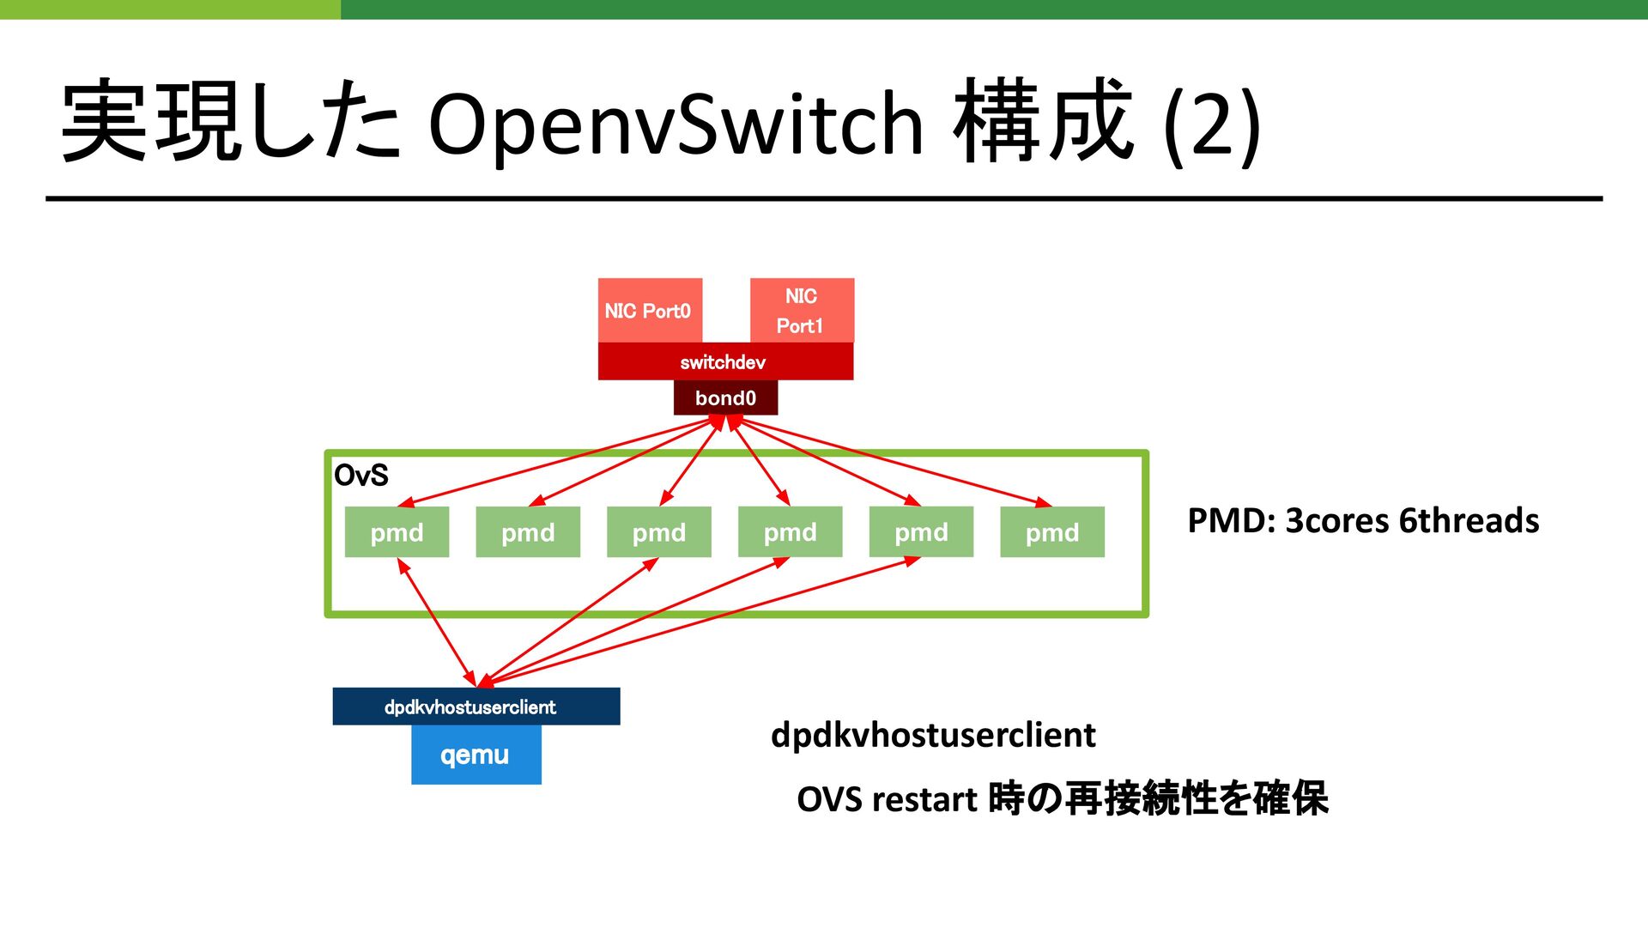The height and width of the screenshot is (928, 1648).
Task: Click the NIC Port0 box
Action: tap(650, 310)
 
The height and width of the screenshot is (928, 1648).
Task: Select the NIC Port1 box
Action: tap(802, 310)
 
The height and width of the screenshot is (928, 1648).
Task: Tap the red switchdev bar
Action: tap(725, 361)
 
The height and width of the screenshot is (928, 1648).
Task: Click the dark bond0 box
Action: tap(725, 398)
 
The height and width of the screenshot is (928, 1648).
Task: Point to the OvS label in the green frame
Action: tap(360, 475)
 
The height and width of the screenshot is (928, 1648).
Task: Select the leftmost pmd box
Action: tap(397, 532)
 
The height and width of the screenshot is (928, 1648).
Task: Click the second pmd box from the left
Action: tap(528, 532)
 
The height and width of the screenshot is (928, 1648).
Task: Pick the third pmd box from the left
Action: tap(659, 532)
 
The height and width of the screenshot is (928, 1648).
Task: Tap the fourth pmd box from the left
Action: tap(790, 532)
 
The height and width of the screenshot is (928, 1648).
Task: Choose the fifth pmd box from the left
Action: tap(921, 532)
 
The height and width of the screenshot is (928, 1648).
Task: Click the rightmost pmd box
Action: tap(1052, 532)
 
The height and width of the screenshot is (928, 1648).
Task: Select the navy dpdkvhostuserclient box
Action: tap(476, 707)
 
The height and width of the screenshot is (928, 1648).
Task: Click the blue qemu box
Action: tap(476, 755)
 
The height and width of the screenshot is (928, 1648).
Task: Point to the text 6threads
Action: tap(1469, 521)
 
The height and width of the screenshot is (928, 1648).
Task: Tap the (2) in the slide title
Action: tap(1212, 125)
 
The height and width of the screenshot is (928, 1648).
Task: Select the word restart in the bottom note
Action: tap(924, 800)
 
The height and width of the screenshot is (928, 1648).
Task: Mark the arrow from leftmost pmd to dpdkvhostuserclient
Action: tap(437, 622)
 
